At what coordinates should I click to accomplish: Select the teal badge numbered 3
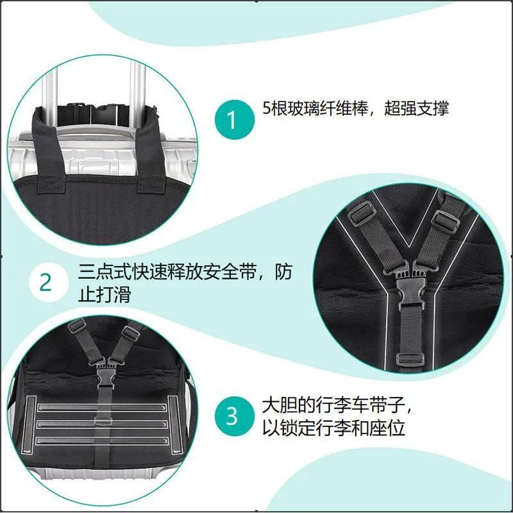[231, 416]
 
